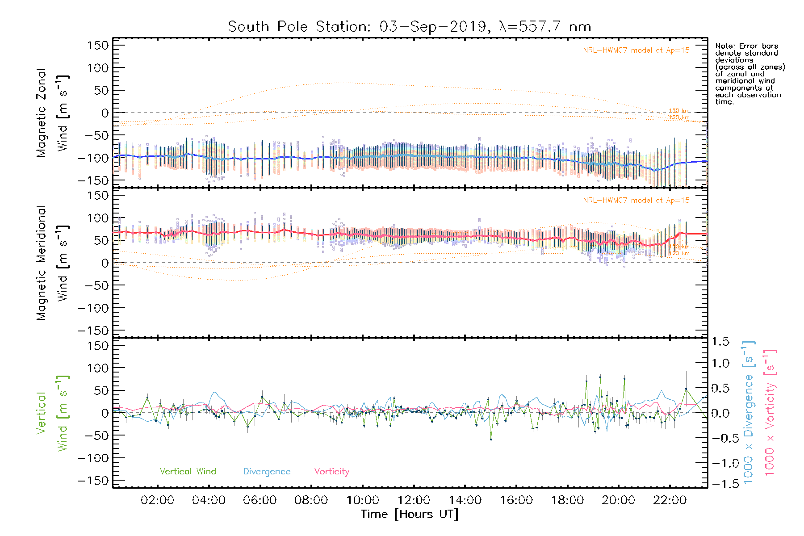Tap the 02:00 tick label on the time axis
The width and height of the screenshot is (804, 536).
click(157, 500)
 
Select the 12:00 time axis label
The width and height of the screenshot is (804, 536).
click(414, 500)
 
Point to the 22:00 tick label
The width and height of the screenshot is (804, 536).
click(670, 500)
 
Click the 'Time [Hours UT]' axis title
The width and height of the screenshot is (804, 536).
click(410, 515)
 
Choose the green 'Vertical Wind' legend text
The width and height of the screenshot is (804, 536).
click(188, 472)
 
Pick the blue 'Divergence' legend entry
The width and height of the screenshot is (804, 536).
click(267, 472)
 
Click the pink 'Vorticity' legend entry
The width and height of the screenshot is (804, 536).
click(331, 472)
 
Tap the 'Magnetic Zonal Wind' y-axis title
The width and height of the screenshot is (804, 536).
click(52, 113)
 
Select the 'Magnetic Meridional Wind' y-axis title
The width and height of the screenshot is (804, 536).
click(52, 263)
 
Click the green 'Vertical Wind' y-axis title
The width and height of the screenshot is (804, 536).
click(52, 413)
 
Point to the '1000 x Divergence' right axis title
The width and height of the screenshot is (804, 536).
click(748, 412)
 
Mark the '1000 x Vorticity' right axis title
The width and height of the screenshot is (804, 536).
click(770, 412)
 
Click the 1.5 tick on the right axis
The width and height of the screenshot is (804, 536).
click(720, 342)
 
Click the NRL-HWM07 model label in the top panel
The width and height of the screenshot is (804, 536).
click(636, 50)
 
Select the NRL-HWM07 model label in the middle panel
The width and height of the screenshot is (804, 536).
click(636, 201)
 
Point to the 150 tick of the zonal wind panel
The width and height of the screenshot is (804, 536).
click(98, 46)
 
